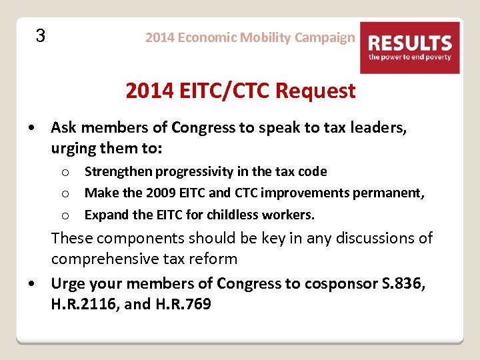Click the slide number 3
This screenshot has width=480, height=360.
pyautogui.click(x=40, y=35)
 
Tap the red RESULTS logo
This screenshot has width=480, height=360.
pyautogui.click(x=410, y=47)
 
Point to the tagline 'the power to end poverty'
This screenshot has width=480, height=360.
pyautogui.click(x=410, y=57)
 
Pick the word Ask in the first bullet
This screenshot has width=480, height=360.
pyautogui.click(x=63, y=127)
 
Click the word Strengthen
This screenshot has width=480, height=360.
pyautogui.click(x=119, y=171)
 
